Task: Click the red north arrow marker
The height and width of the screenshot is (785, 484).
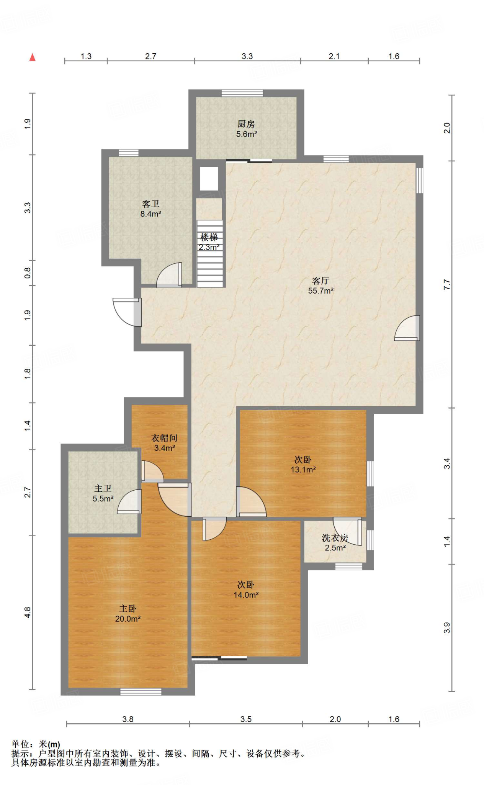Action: [x=33, y=57]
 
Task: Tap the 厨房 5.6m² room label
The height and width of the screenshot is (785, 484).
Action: [x=246, y=129]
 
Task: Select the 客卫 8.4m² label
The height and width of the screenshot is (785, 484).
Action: [x=150, y=209]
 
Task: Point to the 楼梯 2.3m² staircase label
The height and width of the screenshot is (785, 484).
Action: [x=209, y=242]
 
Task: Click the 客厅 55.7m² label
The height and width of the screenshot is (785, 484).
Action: [x=321, y=286]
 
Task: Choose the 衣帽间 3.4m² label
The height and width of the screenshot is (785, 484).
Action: [x=164, y=443]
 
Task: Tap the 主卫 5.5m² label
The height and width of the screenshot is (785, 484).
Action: [x=103, y=493]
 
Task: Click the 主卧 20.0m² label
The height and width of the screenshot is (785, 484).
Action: [x=128, y=613]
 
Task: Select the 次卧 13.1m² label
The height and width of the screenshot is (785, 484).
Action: [x=303, y=464]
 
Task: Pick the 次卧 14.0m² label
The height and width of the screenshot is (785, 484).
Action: [x=246, y=590]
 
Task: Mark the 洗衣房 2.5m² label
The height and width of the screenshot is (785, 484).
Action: [x=335, y=543]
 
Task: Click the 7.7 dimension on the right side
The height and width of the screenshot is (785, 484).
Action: [x=447, y=284]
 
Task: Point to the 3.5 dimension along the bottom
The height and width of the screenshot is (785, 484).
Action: [x=246, y=719]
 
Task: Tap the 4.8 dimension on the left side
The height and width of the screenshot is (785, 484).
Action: [x=28, y=612]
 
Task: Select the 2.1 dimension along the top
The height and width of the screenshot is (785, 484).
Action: [x=334, y=56]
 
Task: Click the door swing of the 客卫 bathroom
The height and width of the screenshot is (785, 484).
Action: [x=169, y=275]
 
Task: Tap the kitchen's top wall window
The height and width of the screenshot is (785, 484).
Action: [x=242, y=93]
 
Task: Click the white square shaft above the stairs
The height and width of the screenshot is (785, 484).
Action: [x=209, y=179]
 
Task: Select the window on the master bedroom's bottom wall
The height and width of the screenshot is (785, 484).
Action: [x=141, y=692]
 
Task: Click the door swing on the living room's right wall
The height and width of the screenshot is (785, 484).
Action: [x=407, y=328]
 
